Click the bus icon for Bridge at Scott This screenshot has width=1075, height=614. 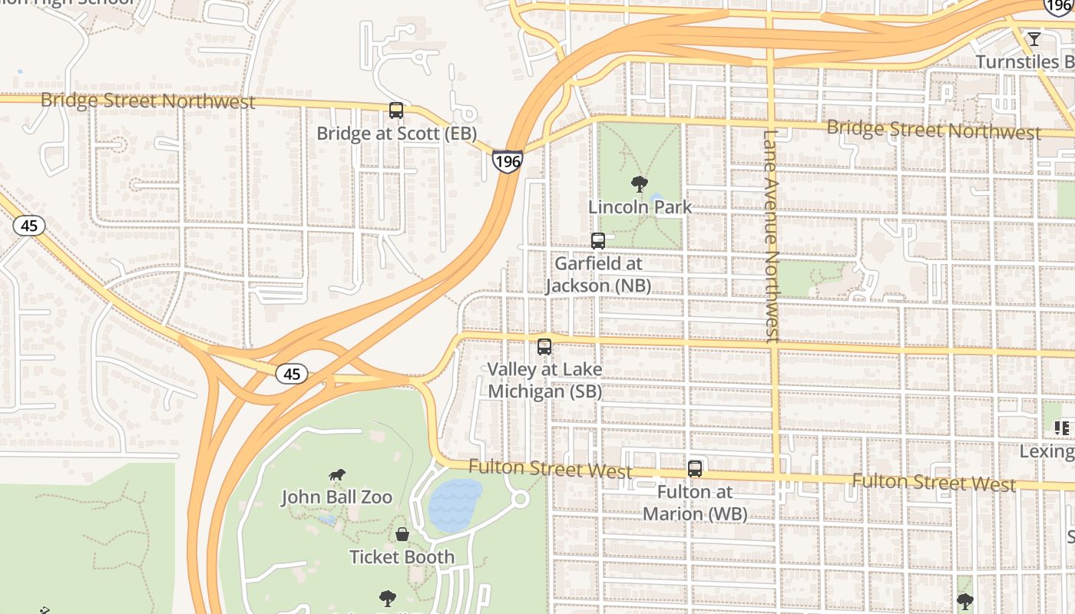pos(396,111)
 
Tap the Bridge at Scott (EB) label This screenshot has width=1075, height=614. pos(397,134)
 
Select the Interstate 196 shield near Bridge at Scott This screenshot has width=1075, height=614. pos(508,161)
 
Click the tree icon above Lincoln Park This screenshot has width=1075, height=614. pos(638,183)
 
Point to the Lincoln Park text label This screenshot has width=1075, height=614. pos(640,206)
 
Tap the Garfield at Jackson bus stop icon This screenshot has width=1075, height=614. pos(598,240)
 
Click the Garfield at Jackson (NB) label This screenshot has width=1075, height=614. pos(598,275)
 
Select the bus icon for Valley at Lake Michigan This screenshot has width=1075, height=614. pos(544,346)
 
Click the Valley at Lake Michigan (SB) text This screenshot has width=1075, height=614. pos(545,381)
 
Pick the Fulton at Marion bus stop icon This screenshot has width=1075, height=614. pos(695,468)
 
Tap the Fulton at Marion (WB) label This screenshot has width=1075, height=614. pos(695,503)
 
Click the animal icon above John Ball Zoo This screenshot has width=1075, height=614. pos(336,475)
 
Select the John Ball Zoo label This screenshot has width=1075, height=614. pos(336,497)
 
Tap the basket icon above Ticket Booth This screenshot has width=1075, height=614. pos(402,534)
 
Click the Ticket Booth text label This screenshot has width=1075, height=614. pos(402,557)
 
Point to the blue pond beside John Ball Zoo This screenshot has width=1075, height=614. pos(455,504)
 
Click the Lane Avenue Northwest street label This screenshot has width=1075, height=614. pos(772,235)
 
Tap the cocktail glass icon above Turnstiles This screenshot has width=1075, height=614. pos(1034,39)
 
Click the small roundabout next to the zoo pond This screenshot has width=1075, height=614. pos(520,499)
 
